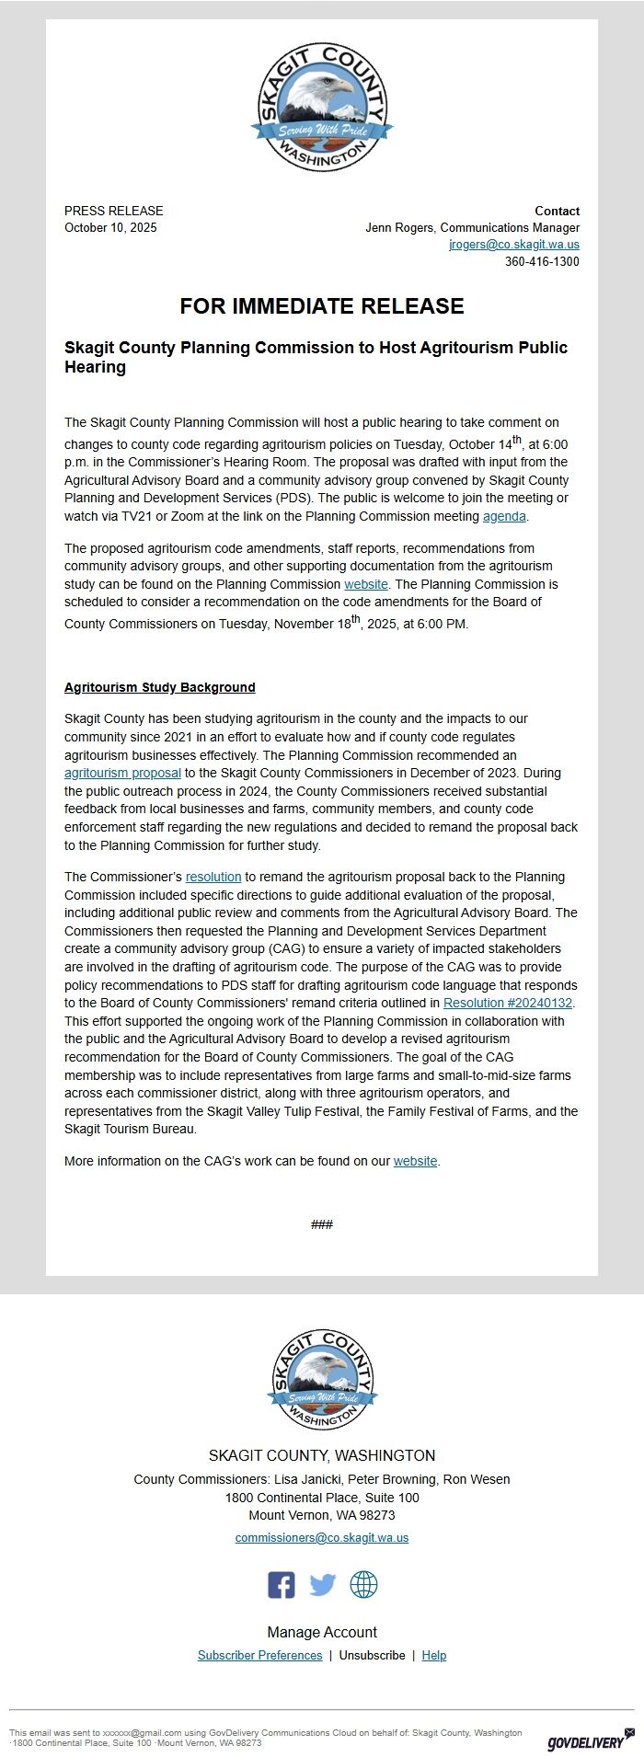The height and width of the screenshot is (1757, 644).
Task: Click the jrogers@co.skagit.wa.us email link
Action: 513,245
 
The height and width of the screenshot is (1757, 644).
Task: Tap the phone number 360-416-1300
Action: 542,262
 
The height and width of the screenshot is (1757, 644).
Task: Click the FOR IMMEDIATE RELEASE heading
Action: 322,306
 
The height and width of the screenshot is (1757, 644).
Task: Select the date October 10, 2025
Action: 110,228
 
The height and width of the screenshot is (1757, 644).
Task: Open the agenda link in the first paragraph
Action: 504,516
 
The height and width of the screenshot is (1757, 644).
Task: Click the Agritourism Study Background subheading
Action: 160,687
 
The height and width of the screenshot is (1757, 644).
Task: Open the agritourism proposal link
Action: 122,773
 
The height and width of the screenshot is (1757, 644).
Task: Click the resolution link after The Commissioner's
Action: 213,877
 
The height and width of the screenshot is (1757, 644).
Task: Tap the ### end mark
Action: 322,1224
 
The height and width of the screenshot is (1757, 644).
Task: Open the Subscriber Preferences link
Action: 260,1655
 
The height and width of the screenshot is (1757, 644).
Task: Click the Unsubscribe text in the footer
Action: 372,1655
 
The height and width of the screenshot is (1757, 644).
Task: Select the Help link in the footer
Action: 433,1655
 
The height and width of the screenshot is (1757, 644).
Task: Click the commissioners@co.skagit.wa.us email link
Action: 322,1537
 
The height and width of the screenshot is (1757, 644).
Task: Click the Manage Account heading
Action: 322,1632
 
